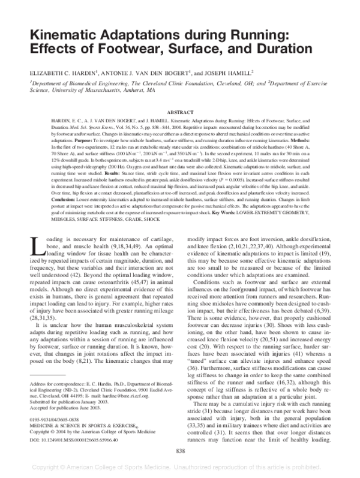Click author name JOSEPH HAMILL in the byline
(236, 71)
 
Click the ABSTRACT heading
(179, 112)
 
